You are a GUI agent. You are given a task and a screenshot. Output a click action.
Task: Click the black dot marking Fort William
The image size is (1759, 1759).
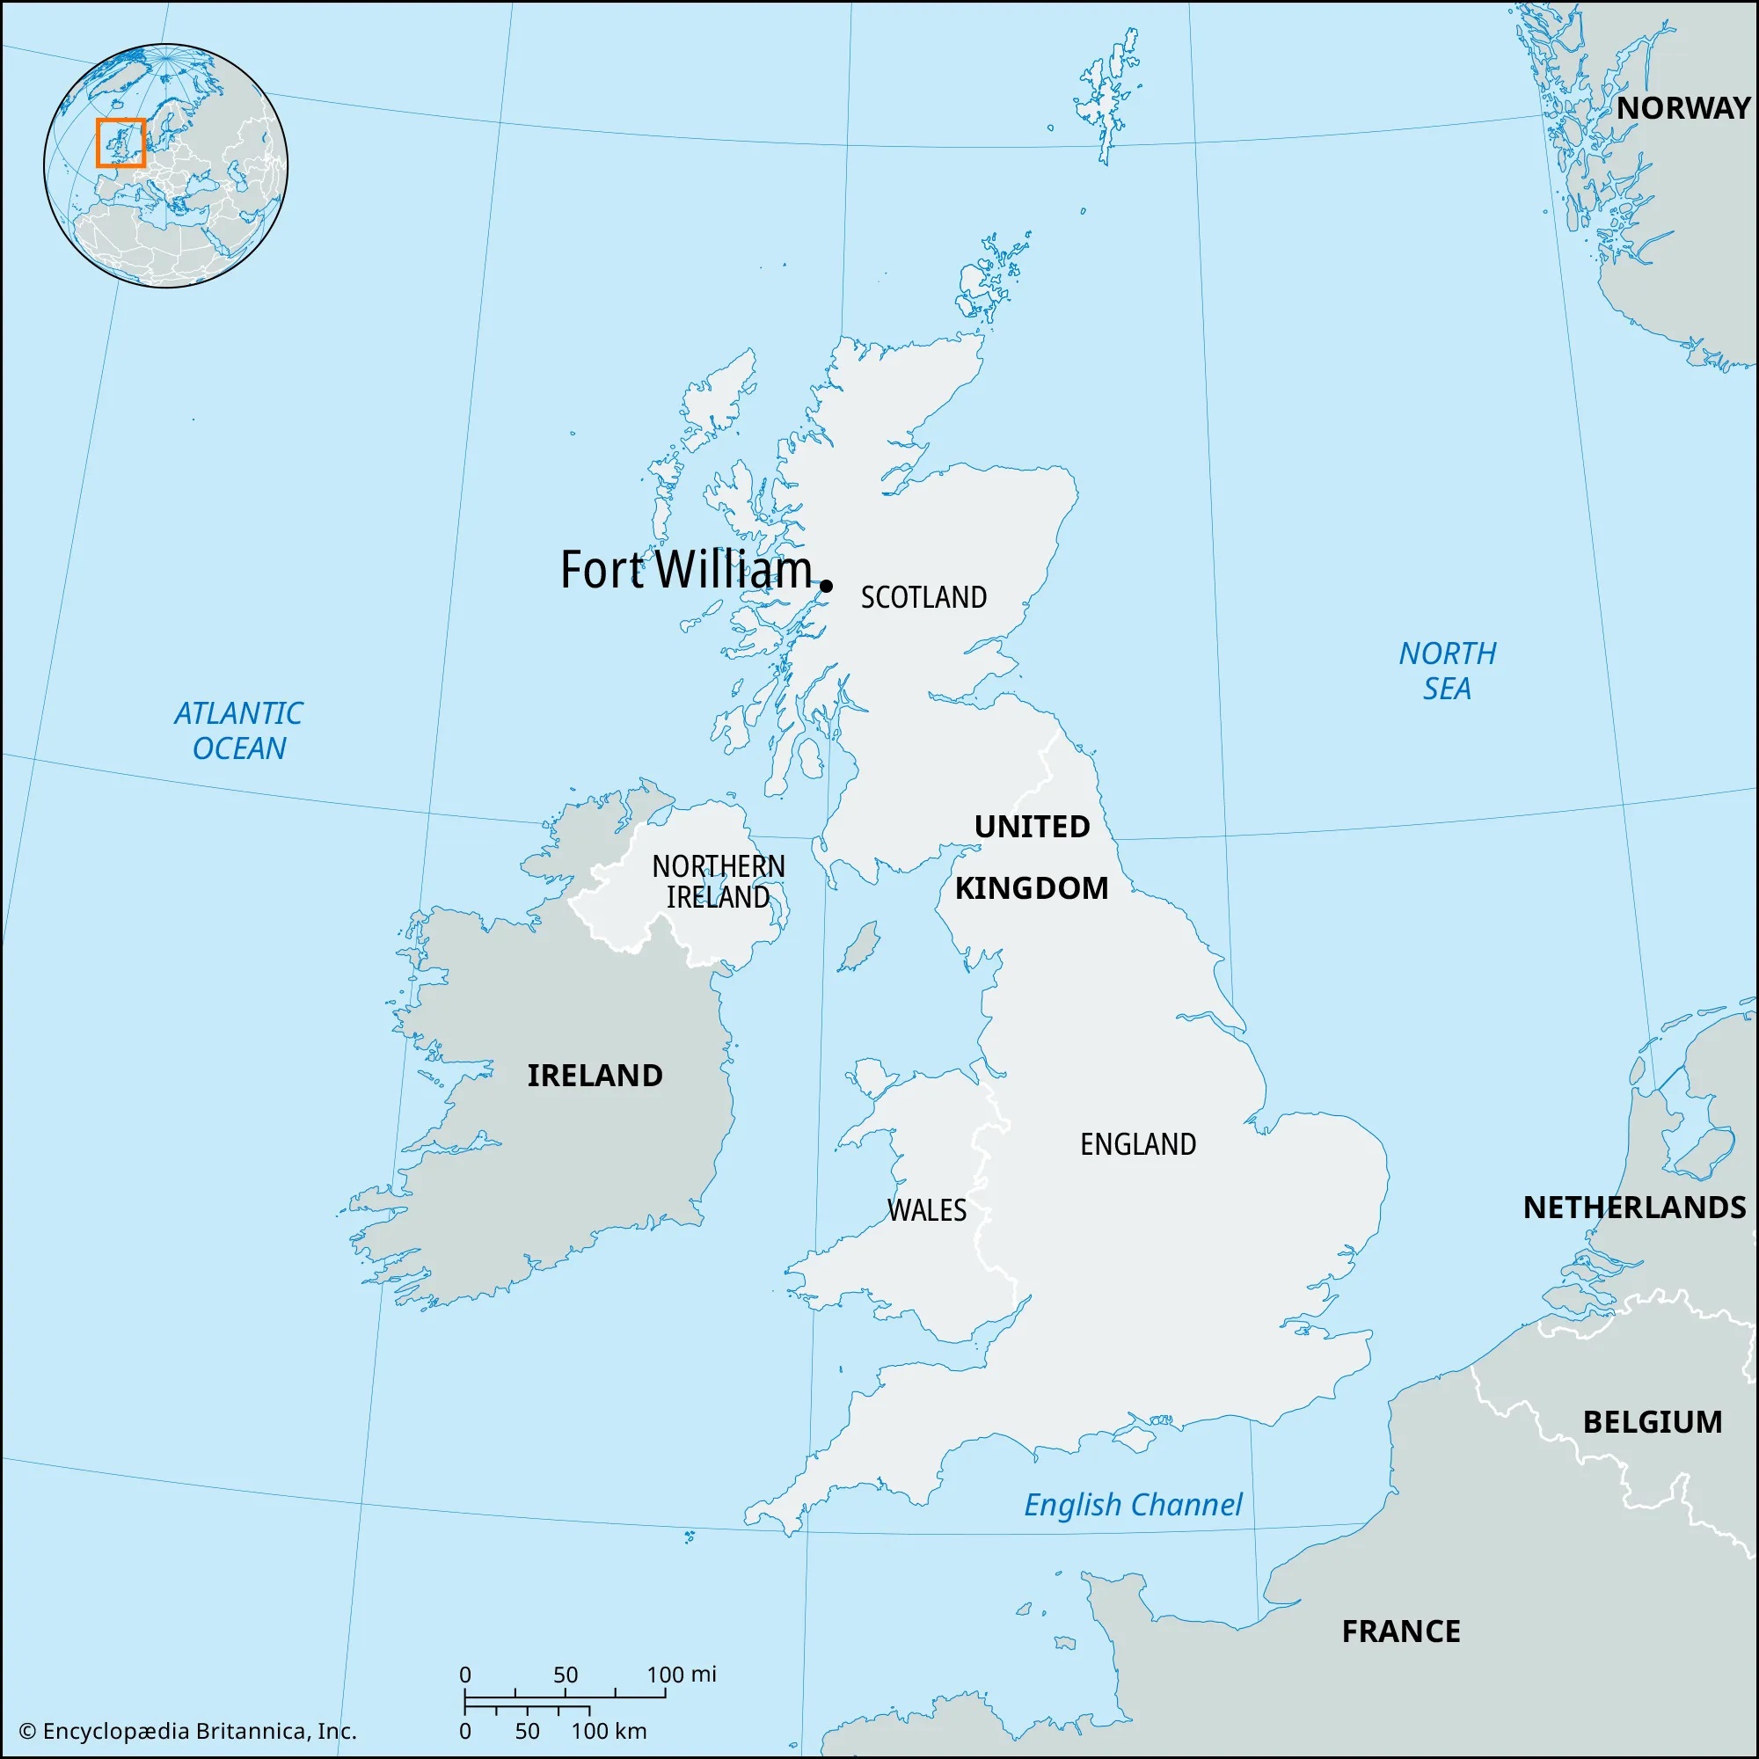coord(826,586)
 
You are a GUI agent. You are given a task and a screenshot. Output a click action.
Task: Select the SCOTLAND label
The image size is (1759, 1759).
coord(923,597)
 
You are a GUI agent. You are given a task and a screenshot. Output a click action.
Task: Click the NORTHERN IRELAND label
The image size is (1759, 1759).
coord(719,881)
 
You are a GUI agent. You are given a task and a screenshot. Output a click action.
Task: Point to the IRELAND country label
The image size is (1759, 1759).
coord(595,1076)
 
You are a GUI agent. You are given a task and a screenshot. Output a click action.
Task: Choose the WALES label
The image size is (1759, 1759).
coord(926,1210)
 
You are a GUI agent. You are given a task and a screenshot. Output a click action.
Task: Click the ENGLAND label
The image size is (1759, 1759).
coord(1137,1143)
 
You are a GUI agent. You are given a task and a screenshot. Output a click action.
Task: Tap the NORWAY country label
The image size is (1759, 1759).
coord(1682,108)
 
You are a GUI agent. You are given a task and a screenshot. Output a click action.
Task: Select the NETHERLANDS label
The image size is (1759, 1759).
coord(1633,1208)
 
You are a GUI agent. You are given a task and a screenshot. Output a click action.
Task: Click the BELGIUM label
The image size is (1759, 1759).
coord(1652,1421)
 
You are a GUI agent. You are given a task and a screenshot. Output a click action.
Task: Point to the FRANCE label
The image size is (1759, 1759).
coord(1400,1631)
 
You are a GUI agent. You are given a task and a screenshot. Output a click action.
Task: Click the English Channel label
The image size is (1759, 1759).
coord(1132,1504)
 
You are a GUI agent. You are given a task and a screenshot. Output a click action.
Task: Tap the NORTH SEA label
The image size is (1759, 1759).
coord(1447,670)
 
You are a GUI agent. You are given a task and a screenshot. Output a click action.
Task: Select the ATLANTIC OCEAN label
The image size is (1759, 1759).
coord(238,730)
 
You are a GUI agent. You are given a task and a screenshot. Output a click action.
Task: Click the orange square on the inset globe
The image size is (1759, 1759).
coord(120,143)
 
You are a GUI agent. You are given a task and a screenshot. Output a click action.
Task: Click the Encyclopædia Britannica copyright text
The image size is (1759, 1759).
coord(187,1731)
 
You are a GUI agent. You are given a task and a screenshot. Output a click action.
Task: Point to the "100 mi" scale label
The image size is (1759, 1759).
coord(681,1674)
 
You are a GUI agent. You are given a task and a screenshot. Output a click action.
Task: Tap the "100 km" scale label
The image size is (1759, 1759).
coord(609,1731)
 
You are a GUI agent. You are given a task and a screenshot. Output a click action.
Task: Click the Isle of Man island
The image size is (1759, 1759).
coord(858,947)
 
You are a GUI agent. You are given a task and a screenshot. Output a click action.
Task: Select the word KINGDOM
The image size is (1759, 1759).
coord(1031,887)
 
